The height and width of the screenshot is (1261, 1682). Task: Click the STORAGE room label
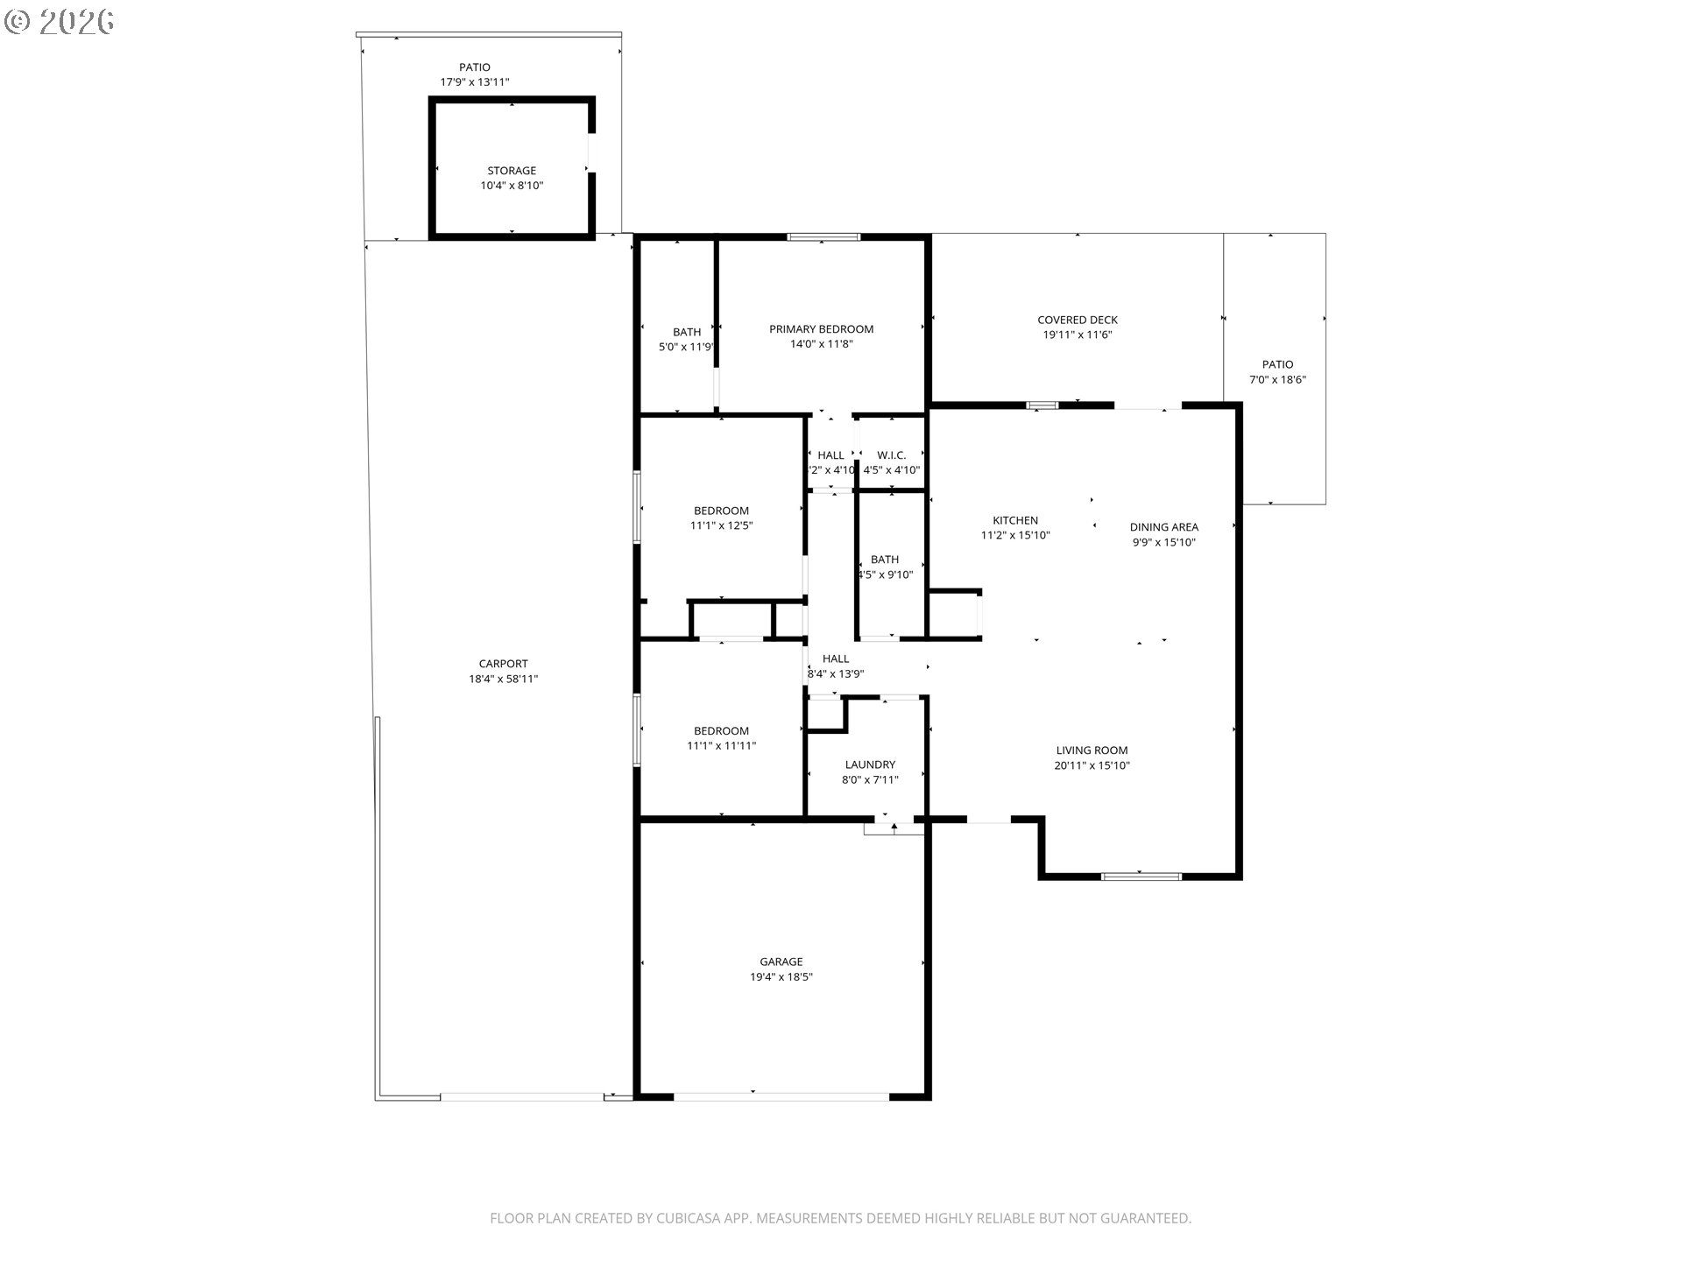(512, 171)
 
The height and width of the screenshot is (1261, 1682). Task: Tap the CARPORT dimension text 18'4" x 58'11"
(503, 679)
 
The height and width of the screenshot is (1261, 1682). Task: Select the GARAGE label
(781, 962)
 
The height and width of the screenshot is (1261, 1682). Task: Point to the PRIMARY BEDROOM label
(821, 329)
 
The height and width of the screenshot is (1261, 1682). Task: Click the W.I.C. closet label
(891, 455)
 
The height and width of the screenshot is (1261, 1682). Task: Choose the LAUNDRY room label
(870, 764)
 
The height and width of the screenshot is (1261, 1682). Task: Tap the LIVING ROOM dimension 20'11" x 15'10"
(1092, 765)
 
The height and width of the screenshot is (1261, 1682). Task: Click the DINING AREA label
(1163, 527)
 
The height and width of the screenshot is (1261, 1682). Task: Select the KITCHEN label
(1015, 520)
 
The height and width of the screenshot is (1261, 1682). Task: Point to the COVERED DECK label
(1078, 321)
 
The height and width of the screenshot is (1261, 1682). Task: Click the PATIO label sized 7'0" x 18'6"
(1277, 364)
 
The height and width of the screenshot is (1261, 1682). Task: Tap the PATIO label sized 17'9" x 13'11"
(475, 67)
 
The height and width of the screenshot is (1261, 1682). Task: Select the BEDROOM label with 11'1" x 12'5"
(721, 511)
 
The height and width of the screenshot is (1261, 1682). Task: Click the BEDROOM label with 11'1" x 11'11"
(721, 730)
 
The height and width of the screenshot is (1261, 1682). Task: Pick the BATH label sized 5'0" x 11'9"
(687, 332)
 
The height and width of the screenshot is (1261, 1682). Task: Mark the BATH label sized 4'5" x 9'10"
(885, 560)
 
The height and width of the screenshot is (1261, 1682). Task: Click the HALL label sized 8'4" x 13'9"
(836, 659)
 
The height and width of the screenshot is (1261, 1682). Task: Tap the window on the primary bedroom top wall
(823, 236)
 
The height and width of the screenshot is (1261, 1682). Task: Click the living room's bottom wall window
(1141, 876)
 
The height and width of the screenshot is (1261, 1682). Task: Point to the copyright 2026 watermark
(60, 22)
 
